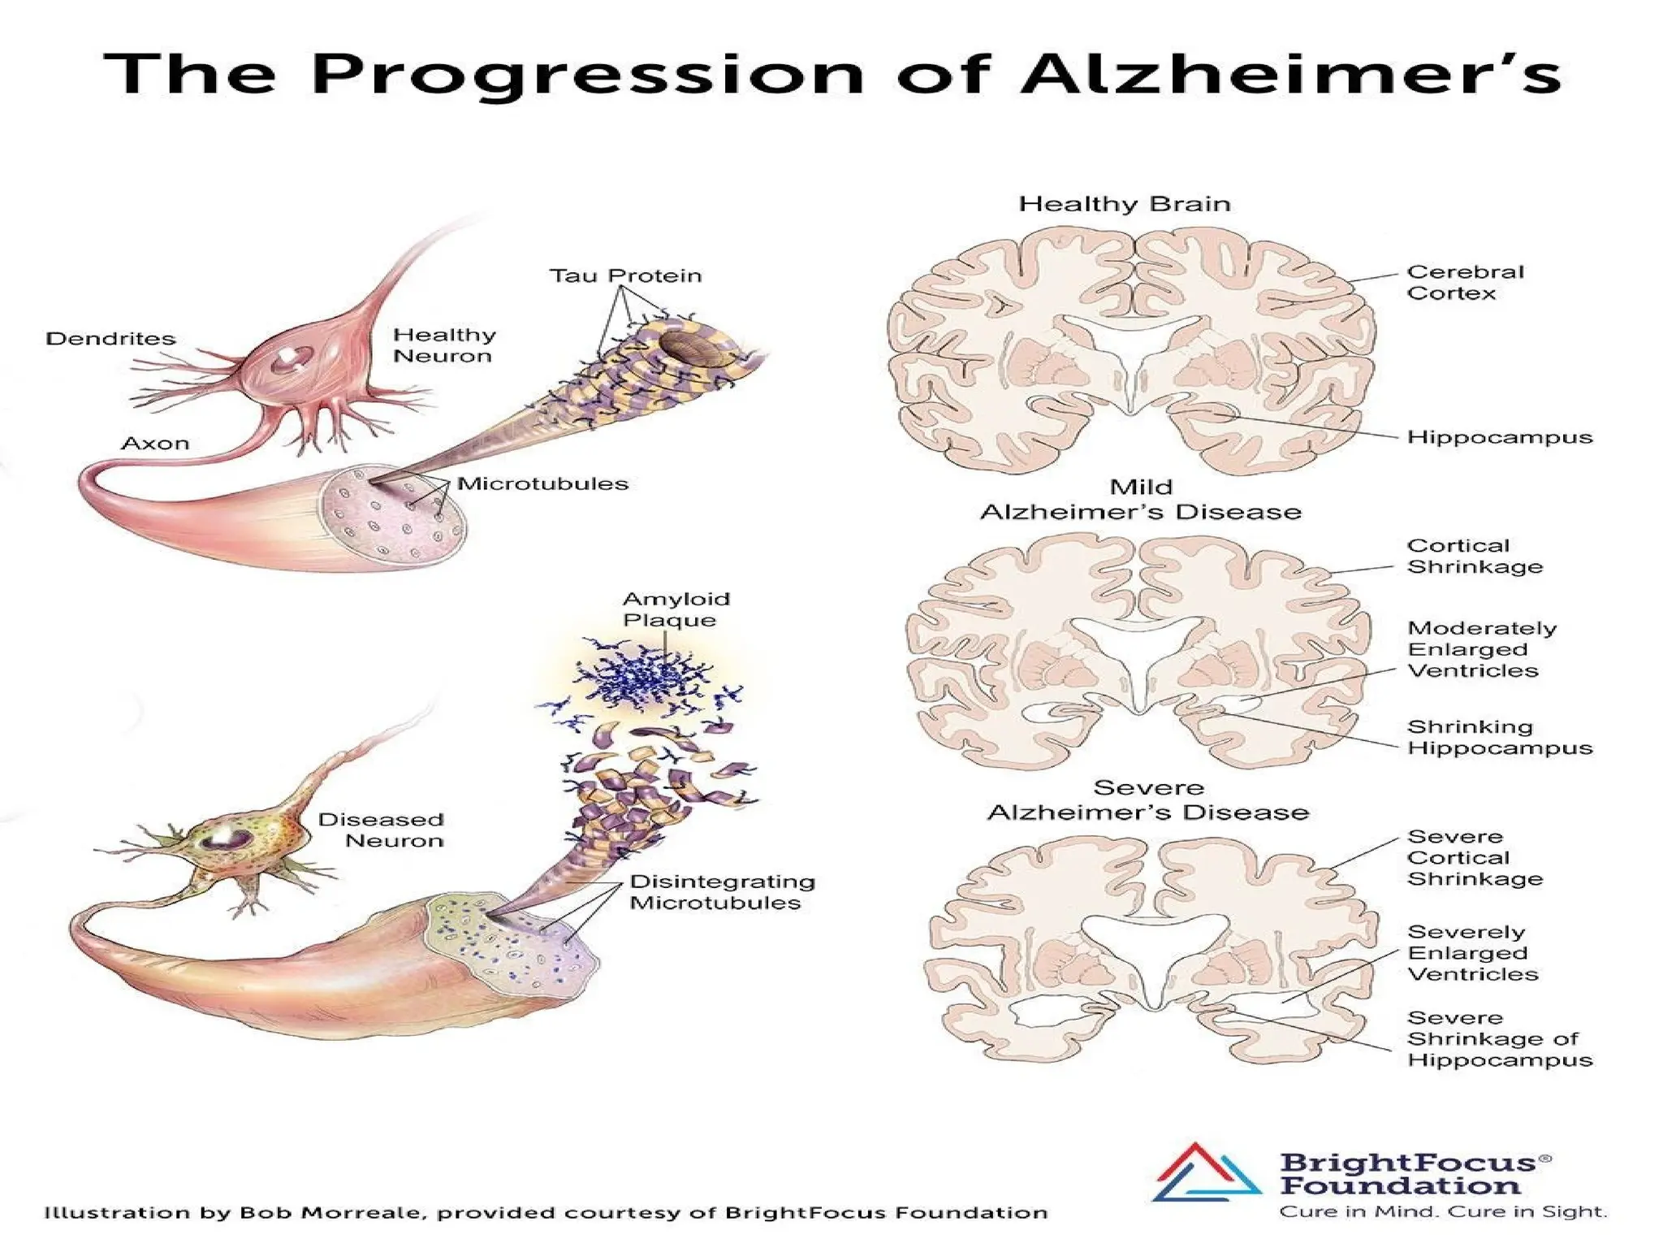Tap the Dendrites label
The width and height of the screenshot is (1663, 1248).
110,339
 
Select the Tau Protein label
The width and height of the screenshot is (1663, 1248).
625,276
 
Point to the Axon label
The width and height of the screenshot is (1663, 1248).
155,444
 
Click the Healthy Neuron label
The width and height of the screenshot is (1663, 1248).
444,345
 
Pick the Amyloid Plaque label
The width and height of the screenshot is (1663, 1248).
676,609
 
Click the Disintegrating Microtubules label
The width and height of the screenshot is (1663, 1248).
722,892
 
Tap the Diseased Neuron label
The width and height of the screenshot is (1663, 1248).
382,830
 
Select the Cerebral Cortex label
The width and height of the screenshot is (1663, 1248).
1465,282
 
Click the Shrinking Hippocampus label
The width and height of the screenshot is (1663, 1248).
1499,737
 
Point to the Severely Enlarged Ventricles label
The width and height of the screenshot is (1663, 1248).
1472,952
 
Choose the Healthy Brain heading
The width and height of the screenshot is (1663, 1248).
1125,203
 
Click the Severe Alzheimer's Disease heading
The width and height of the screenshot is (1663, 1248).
1147,800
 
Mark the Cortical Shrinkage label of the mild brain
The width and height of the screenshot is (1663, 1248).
1474,557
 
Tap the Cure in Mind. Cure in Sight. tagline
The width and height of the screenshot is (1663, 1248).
1442,1212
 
